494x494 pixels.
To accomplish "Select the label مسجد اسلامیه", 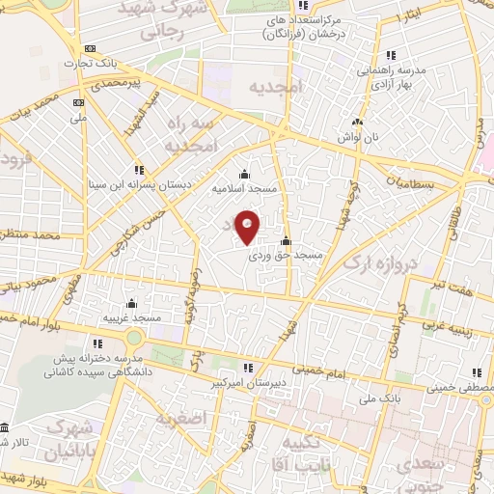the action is (244, 189).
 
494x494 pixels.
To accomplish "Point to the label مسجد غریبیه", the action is (132, 316).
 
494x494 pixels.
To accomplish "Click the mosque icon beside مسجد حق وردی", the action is (285, 241).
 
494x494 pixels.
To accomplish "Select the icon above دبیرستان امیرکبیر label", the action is (247, 368).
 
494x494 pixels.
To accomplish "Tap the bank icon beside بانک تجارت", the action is (90, 49).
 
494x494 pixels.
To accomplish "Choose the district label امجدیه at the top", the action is (274, 86).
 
